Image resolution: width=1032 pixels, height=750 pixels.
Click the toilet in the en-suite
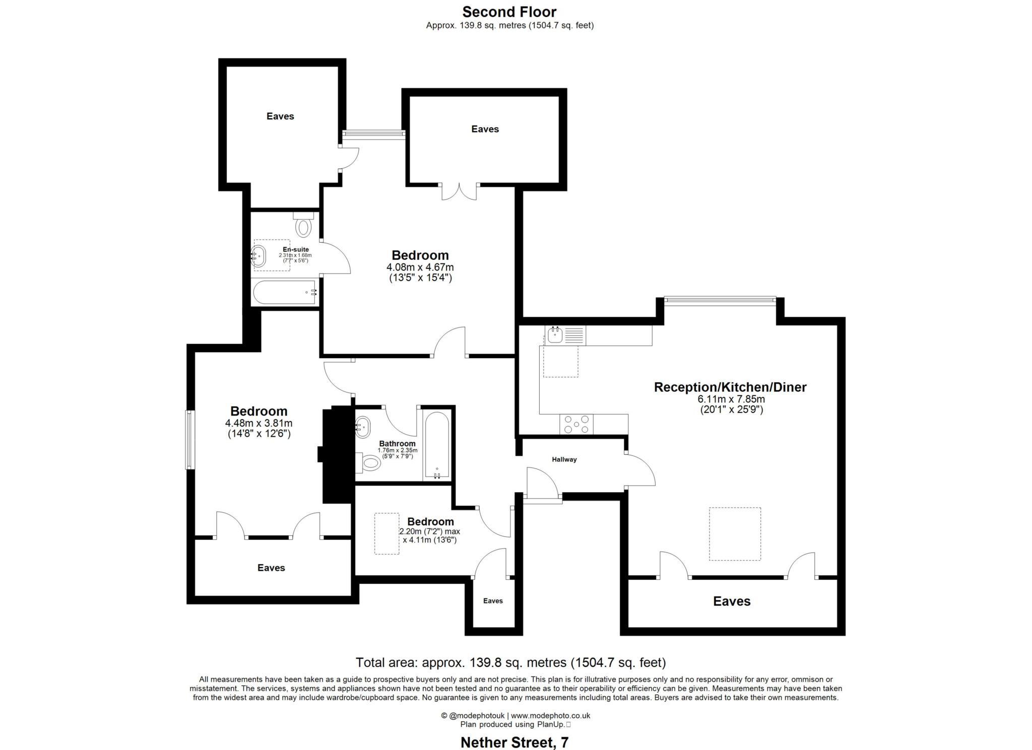(x=303, y=226)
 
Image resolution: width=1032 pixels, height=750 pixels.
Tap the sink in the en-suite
(x=259, y=256)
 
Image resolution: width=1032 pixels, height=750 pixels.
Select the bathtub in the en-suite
(x=285, y=293)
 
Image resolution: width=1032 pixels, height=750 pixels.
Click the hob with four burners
(x=576, y=424)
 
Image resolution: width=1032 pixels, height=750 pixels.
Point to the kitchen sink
(x=555, y=335)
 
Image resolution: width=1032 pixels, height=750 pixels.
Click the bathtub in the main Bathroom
(x=436, y=445)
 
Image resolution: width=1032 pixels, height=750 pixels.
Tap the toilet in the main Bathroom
(x=370, y=462)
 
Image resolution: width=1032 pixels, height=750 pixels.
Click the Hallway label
(x=564, y=459)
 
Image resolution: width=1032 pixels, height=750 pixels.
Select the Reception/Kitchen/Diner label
(x=730, y=387)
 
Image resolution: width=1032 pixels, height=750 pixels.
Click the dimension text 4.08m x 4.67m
(x=420, y=267)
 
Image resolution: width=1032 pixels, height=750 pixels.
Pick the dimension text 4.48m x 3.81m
(x=259, y=423)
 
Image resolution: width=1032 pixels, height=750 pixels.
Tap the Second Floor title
(x=509, y=12)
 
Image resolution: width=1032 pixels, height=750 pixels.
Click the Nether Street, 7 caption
(x=514, y=742)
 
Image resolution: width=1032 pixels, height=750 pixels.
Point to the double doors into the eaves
(x=460, y=192)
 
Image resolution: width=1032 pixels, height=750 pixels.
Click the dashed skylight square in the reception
(x=735, y=534)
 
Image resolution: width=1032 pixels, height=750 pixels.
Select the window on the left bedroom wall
(x=190, y=440)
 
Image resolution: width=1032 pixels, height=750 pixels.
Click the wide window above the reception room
(x=720, y=301)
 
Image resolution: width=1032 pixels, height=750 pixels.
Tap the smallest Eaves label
(x=493, y=601)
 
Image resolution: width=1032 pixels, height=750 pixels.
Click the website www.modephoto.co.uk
(x=550, y=715)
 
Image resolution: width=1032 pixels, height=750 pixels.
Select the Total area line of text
(x=510, y=662)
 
